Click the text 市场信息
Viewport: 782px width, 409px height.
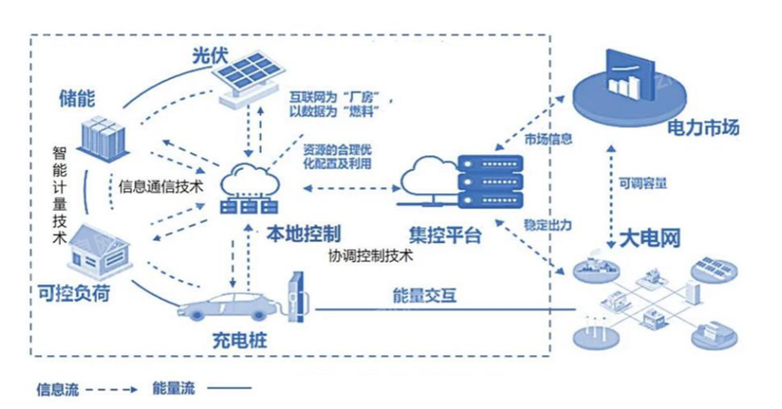point(543,140)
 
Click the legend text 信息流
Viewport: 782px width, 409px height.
point(58,389)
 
